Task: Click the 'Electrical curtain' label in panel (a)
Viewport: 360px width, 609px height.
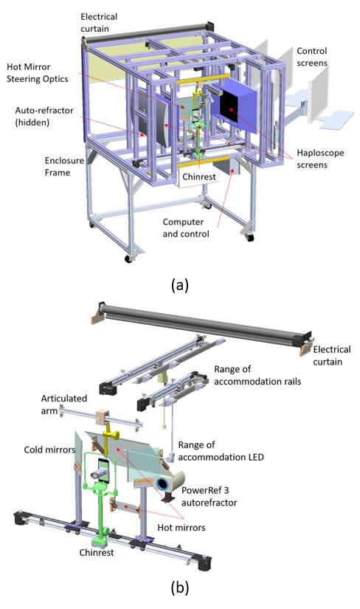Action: [99, 23]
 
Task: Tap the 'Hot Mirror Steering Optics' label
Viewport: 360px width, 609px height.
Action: [38, 72]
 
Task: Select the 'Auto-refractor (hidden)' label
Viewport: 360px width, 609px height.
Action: [44, 116]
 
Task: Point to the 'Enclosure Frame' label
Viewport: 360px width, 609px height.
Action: [64, 167]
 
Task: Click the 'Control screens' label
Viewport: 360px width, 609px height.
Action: [312, 57]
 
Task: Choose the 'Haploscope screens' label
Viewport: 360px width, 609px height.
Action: [320, 159]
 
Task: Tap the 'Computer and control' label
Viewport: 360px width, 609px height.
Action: [186, 227]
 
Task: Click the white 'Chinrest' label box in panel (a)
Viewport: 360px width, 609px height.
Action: [199, 176]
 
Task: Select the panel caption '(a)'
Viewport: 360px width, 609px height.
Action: [180, 286]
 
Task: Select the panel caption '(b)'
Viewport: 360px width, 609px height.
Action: [180, 588]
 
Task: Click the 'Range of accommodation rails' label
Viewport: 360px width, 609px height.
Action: [257, 375]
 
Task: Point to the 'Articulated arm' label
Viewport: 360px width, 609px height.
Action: [63, 405]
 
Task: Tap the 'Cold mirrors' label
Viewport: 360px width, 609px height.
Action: [49, 450]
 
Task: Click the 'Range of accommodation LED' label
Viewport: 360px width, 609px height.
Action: [221, 450]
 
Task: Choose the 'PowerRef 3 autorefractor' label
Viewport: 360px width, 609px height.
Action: [209, 496]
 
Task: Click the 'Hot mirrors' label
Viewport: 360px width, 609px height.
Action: [181, 528]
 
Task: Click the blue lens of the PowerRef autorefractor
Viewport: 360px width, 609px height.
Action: [162, 484]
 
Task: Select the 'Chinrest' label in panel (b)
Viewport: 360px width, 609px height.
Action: [97, 552]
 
